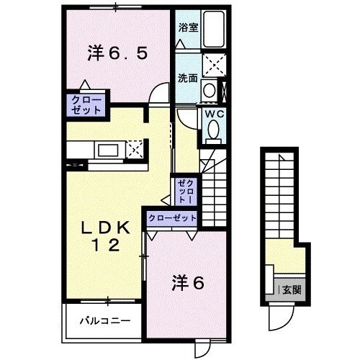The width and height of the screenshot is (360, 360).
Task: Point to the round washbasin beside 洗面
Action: pyautogui.click(x=208, y=91)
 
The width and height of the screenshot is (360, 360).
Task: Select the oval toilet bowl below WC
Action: pyautogui.click(x=214, y=130)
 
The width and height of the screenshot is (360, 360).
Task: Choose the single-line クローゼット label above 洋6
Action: pyautogui.click(x=172, y=217)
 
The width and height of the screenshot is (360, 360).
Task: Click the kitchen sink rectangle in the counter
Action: pyautogui.click(x=109, y=150)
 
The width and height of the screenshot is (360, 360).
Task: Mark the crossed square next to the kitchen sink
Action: pyautogui.click(x=133, y=150)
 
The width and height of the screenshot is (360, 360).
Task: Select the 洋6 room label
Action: pyautogui.click(x=188, y=284)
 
